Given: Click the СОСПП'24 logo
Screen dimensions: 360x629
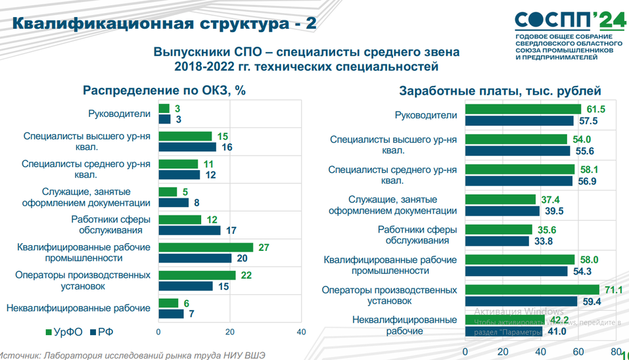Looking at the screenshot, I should click(x=569, y=20).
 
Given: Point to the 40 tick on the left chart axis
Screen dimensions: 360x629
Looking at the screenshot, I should click(x=301, y=332).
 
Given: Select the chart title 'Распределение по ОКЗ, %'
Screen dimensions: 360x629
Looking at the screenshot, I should click(x=164, y=91).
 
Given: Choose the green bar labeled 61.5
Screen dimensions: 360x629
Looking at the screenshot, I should click(x=523, y=109).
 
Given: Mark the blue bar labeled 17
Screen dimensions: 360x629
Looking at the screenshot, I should click(x=189, y=231).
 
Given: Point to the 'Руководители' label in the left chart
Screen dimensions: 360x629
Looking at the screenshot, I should click(x=120, y=114).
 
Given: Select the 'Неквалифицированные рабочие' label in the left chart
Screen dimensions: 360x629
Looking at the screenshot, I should click(x=78, y=307).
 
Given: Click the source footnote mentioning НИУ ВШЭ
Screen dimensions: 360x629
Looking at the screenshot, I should click(x=131, y=355).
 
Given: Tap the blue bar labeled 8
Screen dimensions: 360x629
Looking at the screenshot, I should click(x=174, y=202).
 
